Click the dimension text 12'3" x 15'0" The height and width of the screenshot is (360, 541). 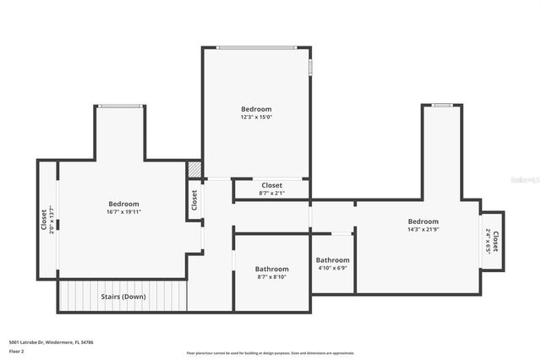(256, 117)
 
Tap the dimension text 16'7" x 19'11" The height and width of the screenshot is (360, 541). (123, 212)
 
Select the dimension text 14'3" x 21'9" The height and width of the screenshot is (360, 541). (423, 230)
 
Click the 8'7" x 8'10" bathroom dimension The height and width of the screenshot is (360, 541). (271, 277)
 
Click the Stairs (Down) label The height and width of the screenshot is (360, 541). (123, 297)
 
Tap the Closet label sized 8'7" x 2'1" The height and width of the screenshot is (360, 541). (271, 194)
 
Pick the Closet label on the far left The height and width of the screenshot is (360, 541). (44, 219)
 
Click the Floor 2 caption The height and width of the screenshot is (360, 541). (17, 350)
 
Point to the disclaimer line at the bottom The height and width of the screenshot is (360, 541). (270, 353)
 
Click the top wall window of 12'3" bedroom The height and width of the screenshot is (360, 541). (256, 47)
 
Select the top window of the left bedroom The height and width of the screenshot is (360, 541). (119, 106)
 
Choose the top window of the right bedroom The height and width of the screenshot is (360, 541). (441, 106)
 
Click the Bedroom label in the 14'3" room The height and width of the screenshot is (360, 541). (423, 221)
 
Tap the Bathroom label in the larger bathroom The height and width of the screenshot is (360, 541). (271, 269)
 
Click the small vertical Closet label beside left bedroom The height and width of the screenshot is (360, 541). (194, 200)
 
